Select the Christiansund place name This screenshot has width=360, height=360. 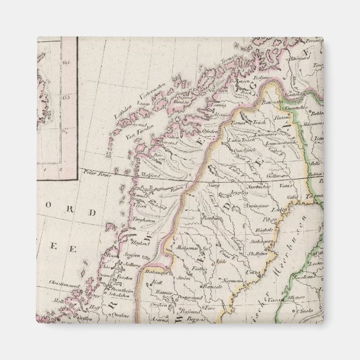click(x=64, y=283)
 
